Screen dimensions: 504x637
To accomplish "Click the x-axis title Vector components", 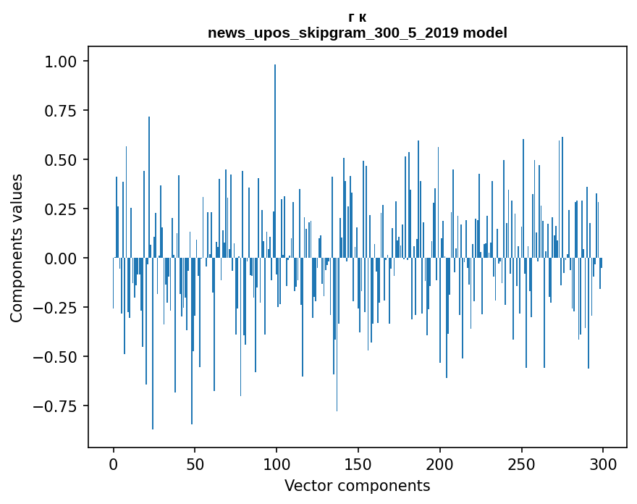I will tap(358, 486).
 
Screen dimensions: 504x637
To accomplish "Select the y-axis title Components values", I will tap(17, 248).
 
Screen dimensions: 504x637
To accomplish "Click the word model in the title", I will tap(486, 33).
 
